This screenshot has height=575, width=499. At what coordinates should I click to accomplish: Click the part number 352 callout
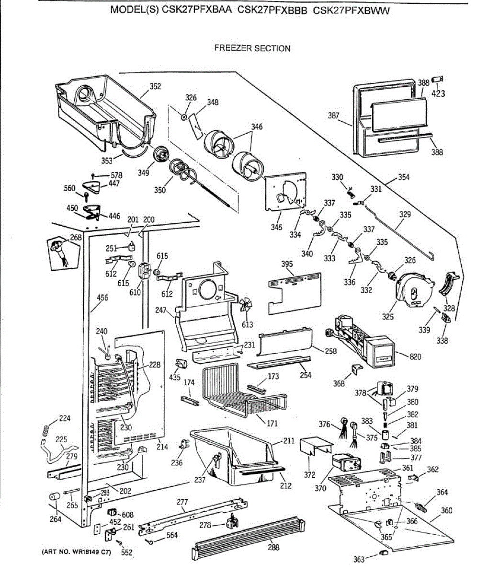click(x=155, y=87)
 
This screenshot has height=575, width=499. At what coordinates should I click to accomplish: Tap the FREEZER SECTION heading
click(x=252, y=48)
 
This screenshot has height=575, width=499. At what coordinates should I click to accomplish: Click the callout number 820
click(x=416, y=356)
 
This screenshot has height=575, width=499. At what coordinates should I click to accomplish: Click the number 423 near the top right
click(x=438, y=94)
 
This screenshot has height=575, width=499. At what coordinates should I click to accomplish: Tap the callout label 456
click(x=102, y=298)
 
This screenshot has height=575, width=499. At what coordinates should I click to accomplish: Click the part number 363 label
click(x=359, y=559)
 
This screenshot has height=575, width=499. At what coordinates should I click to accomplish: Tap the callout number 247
click(x=161, y=310)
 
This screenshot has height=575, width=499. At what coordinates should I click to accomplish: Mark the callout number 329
click(x=405, y=214)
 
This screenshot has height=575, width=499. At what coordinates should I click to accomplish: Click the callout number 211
click(x=289, y=440)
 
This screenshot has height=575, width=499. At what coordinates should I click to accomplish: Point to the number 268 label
click(x=76, y=237)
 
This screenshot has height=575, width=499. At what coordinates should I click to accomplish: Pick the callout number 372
click(x=310, y=475)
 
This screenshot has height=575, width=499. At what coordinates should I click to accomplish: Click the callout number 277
click(x=182, y=502)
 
